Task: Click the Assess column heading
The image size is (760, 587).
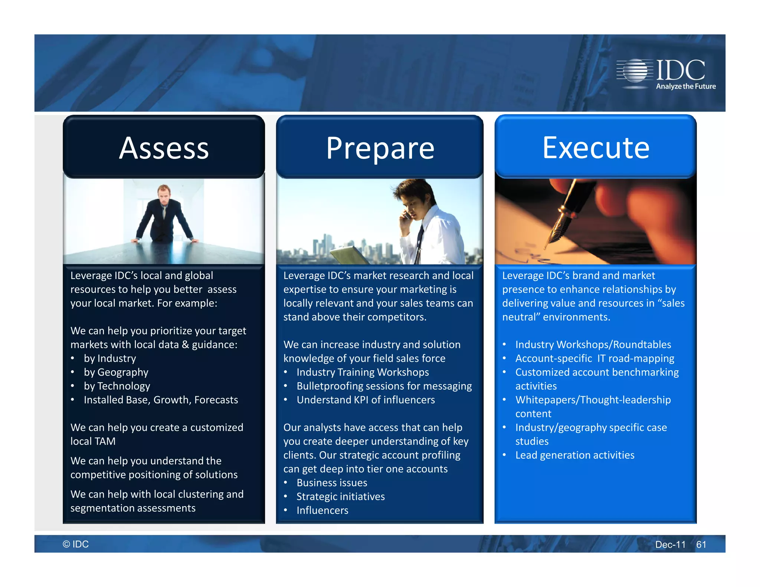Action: coord(164,148)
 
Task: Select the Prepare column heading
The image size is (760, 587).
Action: coord(380,148)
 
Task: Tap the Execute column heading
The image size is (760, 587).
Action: coord(596,148)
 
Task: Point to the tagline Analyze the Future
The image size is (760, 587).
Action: coord(686,86)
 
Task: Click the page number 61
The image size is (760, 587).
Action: coord(701,544)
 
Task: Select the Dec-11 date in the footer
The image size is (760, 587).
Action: coord(670,544)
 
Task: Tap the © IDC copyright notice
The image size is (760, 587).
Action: coord(76,544)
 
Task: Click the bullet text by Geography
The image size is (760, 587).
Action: coord(116,372)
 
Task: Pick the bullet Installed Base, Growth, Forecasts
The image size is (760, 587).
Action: coord(161,400)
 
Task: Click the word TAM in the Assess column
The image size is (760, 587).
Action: coord(105,441)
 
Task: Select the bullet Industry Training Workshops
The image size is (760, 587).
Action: coord(363,372)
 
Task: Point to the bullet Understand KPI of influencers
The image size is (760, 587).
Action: coord(366,400)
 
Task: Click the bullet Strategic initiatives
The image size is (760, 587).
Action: coord(340,496)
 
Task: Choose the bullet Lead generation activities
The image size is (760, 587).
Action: coord(574,455)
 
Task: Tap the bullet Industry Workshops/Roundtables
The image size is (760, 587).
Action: coord(593,344)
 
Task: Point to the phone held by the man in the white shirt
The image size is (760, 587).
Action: coord(407,215)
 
